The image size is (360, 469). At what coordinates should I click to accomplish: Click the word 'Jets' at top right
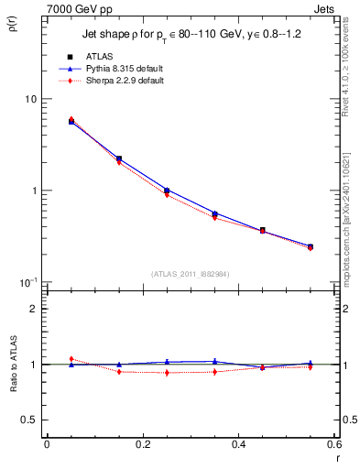(x=327, y=7)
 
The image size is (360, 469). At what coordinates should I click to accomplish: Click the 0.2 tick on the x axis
(x=142, y=444)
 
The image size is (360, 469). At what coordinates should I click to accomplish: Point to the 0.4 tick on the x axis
(x=238, y=444)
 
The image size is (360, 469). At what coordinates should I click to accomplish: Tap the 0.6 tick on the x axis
(x=333, y=444)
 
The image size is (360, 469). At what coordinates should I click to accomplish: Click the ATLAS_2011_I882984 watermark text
(x=191, y=273)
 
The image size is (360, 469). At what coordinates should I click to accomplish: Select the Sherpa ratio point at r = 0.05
(x=71, y=359)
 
